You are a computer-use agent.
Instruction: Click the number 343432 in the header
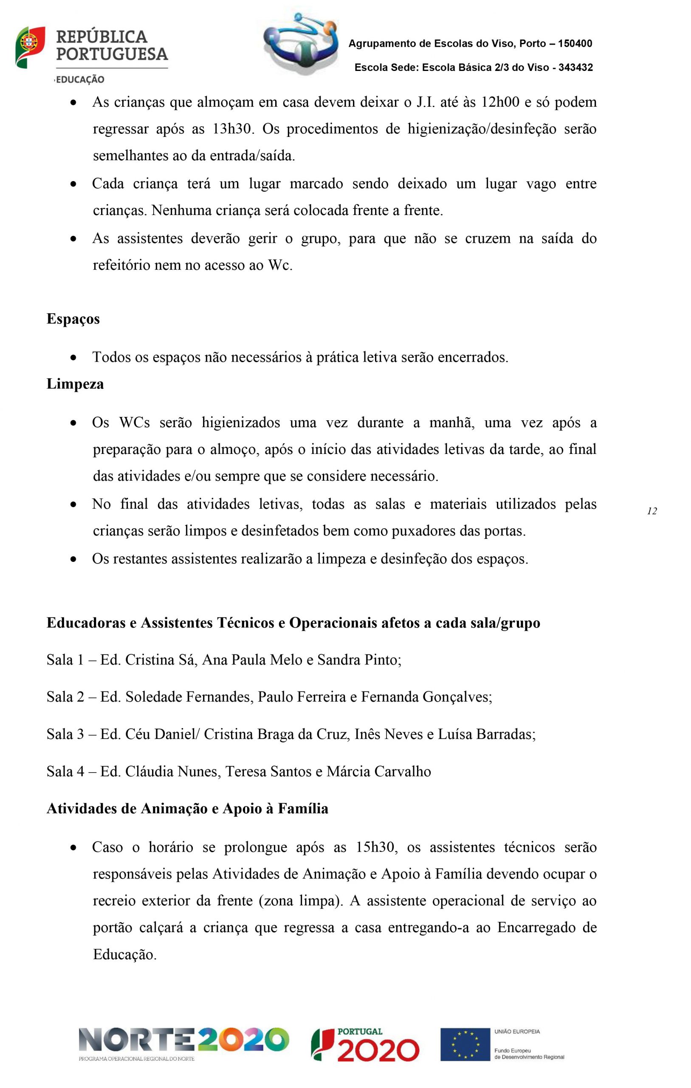575,68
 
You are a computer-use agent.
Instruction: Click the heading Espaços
73,319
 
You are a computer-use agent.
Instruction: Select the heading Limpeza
75,384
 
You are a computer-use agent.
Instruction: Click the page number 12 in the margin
652,511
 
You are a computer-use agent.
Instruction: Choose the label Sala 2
65,697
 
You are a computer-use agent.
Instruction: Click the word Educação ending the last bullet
124,955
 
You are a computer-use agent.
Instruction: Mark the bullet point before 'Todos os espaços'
73,358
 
